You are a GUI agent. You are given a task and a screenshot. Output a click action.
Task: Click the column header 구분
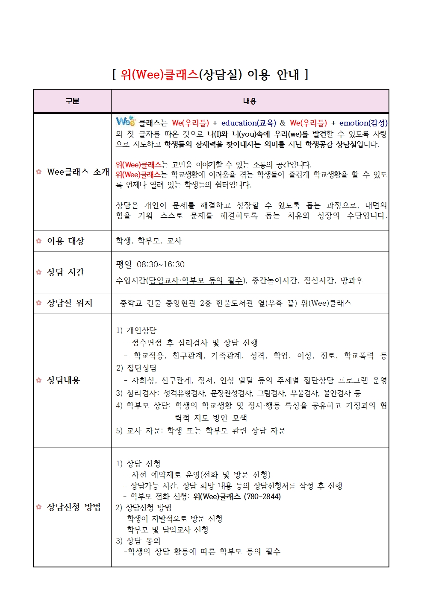[x=72, y=101]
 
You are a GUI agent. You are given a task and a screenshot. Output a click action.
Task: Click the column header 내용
[x=250, y=101]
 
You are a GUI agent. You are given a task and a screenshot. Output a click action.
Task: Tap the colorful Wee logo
[x=126, y=122]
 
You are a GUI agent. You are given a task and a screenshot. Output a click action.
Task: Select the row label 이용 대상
[x=65, y=241]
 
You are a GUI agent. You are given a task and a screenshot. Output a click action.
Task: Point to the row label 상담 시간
[x=65, y=272]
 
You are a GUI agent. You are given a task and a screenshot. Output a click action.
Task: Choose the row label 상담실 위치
[x=69, y=303]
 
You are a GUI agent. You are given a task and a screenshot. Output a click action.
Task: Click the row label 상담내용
[x=63, y=380]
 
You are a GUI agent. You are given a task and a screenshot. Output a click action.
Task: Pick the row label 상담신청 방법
[x=74, y=507]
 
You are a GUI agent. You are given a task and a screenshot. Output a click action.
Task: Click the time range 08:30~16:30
[x=161, y=264]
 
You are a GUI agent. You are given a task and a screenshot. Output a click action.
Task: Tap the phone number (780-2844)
[x=262, y=497]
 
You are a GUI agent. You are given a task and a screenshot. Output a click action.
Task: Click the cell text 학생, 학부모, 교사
[x=149, y=241]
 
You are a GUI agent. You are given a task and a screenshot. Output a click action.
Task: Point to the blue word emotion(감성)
[x=363, y=123]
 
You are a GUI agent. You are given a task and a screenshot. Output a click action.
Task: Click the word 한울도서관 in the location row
[x=235, y=303]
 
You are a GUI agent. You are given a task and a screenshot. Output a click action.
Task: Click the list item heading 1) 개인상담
[x=136, y=330]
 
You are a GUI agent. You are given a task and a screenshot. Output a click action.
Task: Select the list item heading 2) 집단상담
[x=136, y=368]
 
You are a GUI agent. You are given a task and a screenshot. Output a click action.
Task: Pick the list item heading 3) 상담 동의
[x=138, y=541]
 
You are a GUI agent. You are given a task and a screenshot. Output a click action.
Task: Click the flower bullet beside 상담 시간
[x=39, y=272]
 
